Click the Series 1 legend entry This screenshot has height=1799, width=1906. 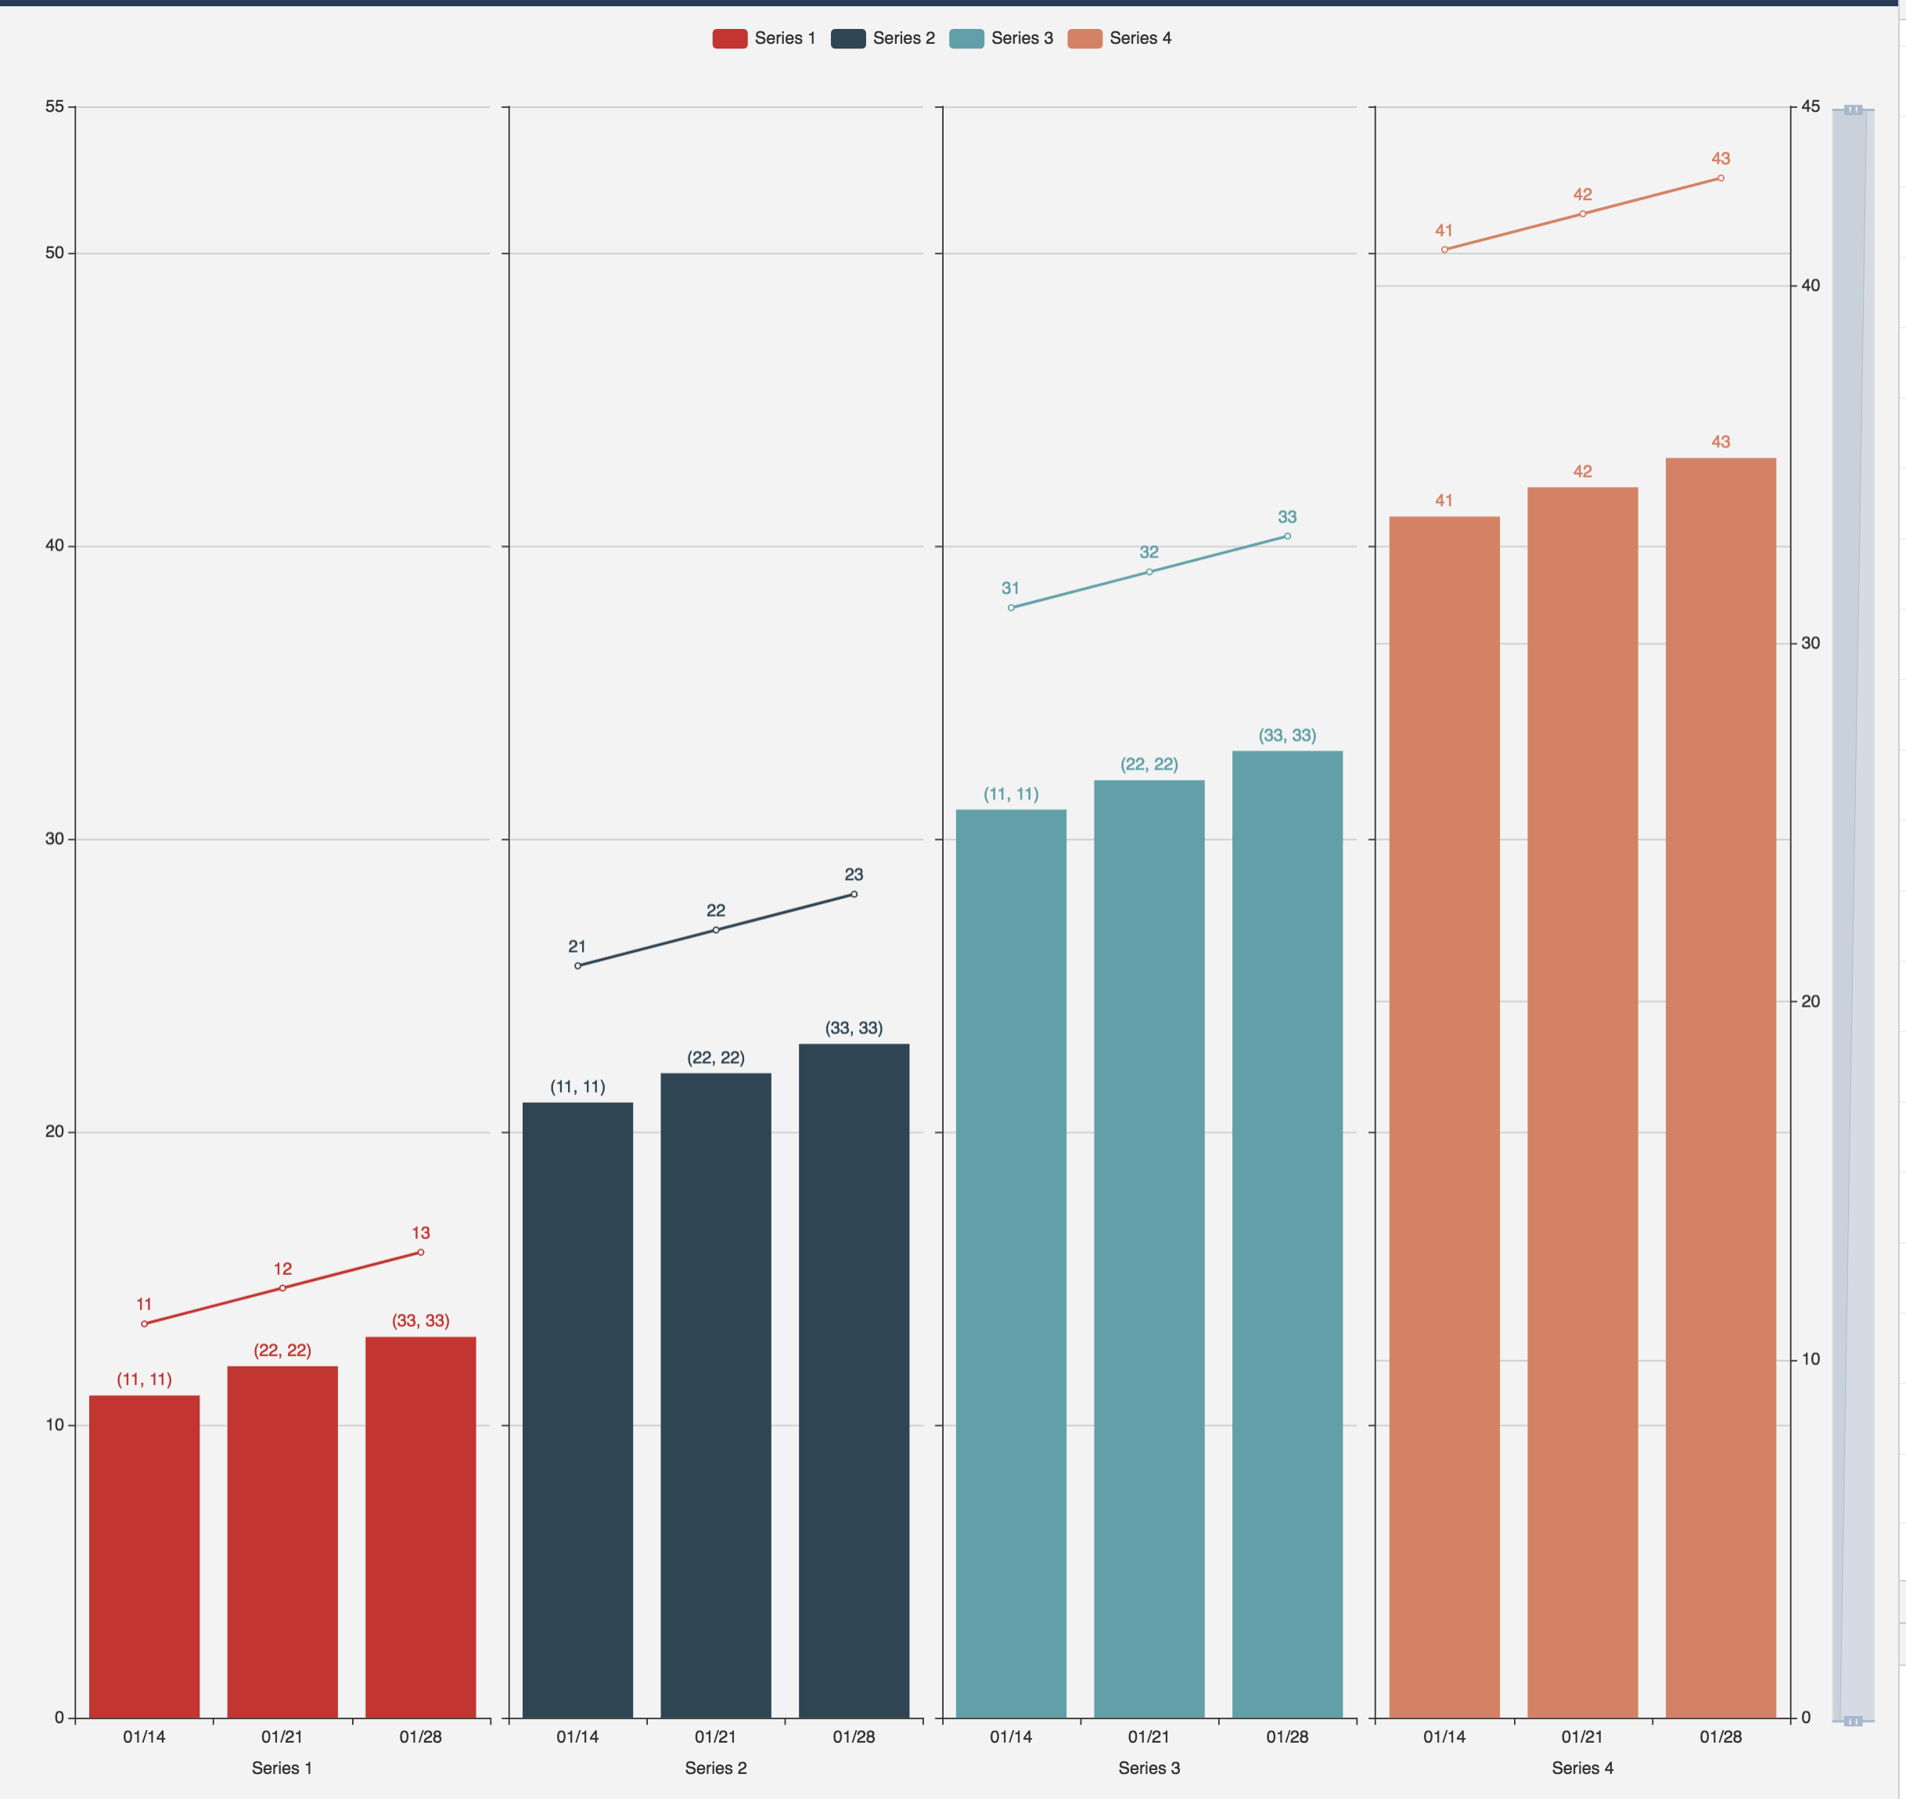pyautogui.click(x=764, y=38)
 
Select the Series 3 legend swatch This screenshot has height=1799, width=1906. pyautogui.click(x=966, y=38)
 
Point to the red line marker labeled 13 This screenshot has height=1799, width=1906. pyautogui.click(x=420, y=1252)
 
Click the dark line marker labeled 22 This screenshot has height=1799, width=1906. pyautogui.click(x=716, y=930)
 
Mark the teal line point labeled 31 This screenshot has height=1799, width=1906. pyautogui.click(x=1011, y=608)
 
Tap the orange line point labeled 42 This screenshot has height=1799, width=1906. pyautogui.click(x=1583, y=214)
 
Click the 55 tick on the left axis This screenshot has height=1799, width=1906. pyautogui.click(x=55, y=106)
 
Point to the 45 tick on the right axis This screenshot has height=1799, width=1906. pyautogui.click(x=1810, y=106)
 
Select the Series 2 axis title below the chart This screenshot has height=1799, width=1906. pyautogui.click(x=716, y=1768)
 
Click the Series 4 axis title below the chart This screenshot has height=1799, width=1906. pyautogui.click(x=1583, y=1768)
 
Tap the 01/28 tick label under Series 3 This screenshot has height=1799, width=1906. pyautogui.click(x=1287, y=1736)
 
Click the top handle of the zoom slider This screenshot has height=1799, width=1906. pyautogui.click(x=1854, y=110)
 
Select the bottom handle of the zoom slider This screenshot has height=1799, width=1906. pyautogui.click(x=1854, y=1722)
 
